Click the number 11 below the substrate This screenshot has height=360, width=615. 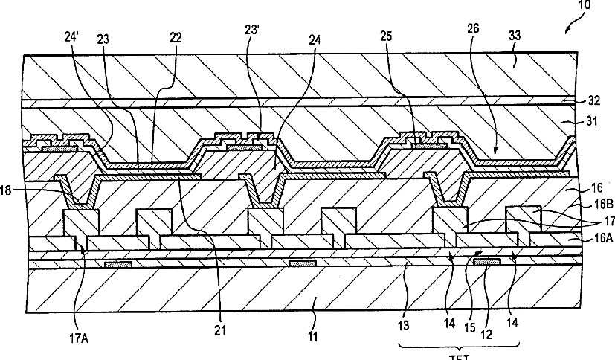click(313, 337)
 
